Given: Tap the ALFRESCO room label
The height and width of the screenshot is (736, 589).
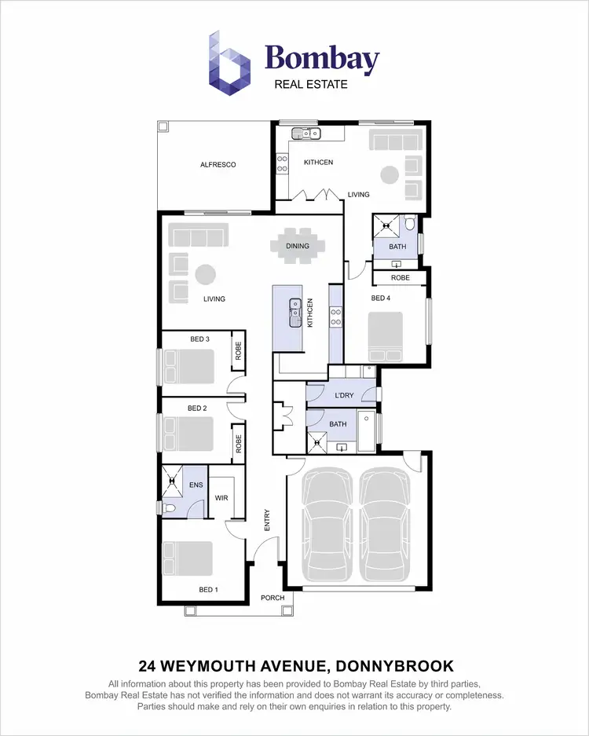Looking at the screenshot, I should [x=218, y=165].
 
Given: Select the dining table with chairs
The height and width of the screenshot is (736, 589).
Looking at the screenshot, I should [x=297, y=246].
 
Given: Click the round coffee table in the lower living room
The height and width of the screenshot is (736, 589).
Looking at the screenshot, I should [x=205, y=275].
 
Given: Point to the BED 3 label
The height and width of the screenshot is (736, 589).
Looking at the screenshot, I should [x=199, y=339].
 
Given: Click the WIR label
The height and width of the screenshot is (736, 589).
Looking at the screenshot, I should [x=221, y=498].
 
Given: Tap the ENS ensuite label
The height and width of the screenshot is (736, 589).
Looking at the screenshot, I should [x=196, y=485].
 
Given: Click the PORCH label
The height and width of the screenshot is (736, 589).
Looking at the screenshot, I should [x=273, y=598].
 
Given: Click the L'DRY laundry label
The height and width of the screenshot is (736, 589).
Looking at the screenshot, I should [x=344, y=395].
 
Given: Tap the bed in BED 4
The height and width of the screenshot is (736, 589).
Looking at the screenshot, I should [x=386, y=336].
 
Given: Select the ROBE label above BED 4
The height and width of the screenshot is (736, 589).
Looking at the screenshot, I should [x=400, y=278].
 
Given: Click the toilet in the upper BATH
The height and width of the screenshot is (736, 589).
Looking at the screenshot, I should [x=410, y=227].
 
